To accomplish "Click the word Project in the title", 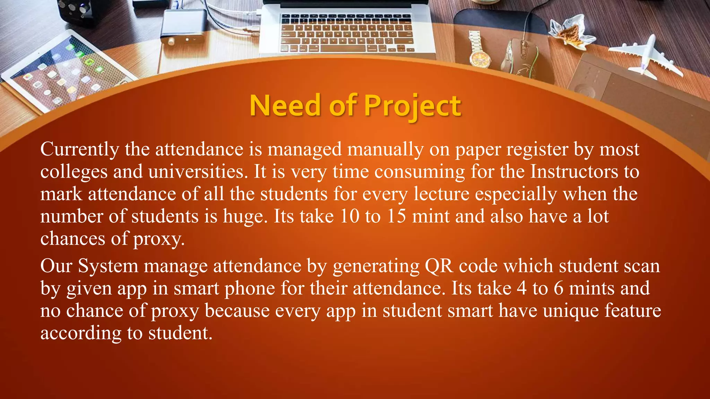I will point(413,106).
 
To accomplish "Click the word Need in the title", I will point(285,106).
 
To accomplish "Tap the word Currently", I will point(80,150).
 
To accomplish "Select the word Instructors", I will point(574,172).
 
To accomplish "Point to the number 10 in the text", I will point(349,216).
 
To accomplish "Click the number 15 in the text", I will point(396,216).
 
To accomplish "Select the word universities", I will point(198,172).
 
